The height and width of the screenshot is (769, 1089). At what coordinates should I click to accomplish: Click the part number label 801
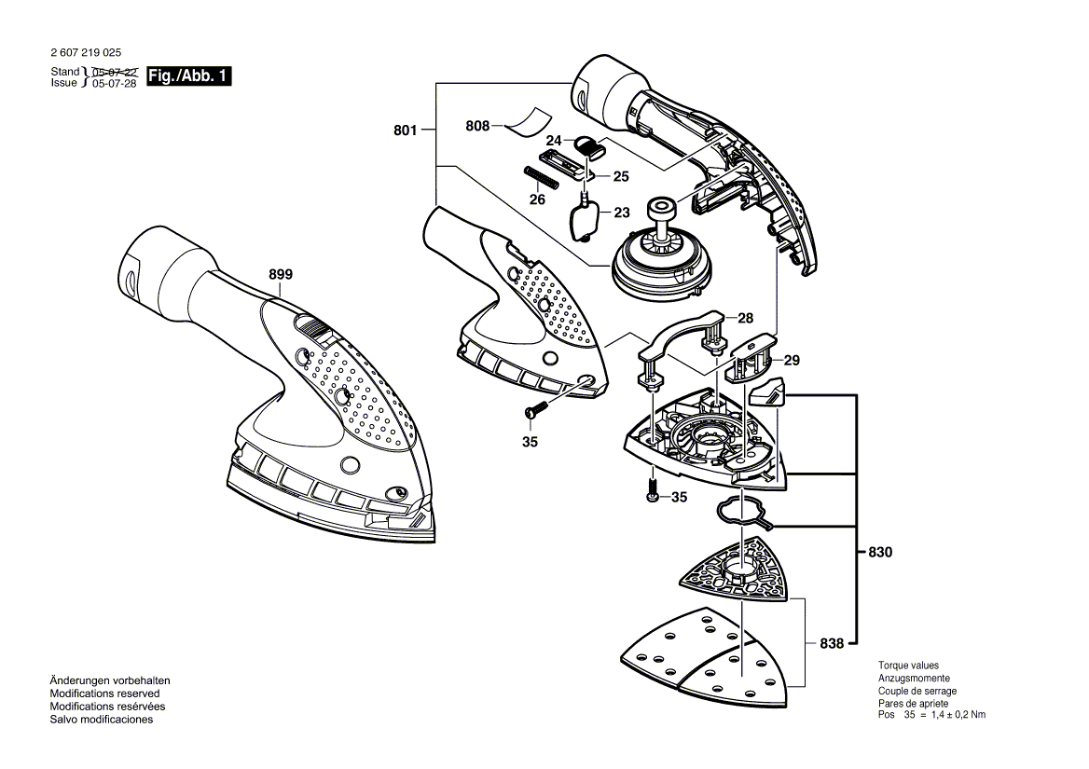pos(405,130)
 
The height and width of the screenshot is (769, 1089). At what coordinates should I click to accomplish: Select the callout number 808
pos(477,125)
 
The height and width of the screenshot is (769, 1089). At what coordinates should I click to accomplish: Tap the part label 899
pos(281,274)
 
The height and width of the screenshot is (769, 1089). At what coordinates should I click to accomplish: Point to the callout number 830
pos(879,552)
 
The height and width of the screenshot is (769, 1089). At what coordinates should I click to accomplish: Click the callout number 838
pos(832,643)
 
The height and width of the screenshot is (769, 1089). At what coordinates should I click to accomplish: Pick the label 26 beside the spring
pos(537,199)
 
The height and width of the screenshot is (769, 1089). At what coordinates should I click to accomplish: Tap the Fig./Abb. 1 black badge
pos(189,76)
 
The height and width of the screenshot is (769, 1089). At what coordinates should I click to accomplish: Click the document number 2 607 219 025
pos(86,54)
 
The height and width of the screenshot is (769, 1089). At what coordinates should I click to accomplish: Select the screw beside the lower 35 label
pos(653,490)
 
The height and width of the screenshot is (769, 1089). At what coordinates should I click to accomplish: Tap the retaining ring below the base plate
pos(741,514)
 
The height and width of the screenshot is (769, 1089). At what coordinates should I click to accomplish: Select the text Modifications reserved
pos(104,693)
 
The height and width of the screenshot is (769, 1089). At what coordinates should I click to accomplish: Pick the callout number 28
pos(745,318)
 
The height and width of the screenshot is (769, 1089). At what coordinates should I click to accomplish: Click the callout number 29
pos(792,359)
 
